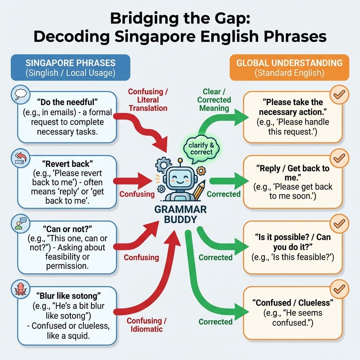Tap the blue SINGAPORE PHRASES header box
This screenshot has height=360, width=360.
coord(70,67)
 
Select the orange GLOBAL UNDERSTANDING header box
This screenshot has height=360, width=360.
coord(289,67)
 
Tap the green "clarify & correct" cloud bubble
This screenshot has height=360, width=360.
coord(201,148)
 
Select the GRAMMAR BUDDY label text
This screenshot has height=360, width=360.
coord(180,214)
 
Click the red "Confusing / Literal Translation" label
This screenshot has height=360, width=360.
coord(148,99)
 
